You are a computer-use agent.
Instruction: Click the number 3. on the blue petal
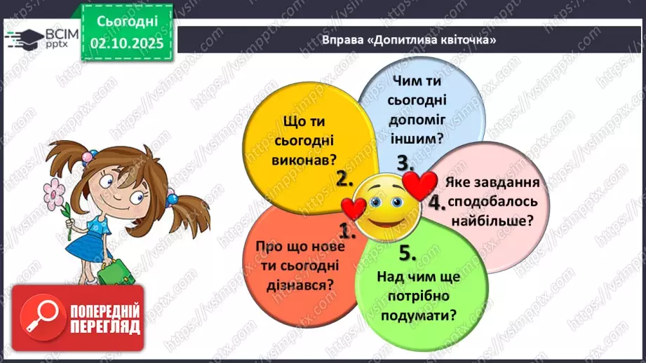405,163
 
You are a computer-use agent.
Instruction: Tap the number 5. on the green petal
409,252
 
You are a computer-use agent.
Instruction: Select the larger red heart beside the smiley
419,185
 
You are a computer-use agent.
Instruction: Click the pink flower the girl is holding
53,190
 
